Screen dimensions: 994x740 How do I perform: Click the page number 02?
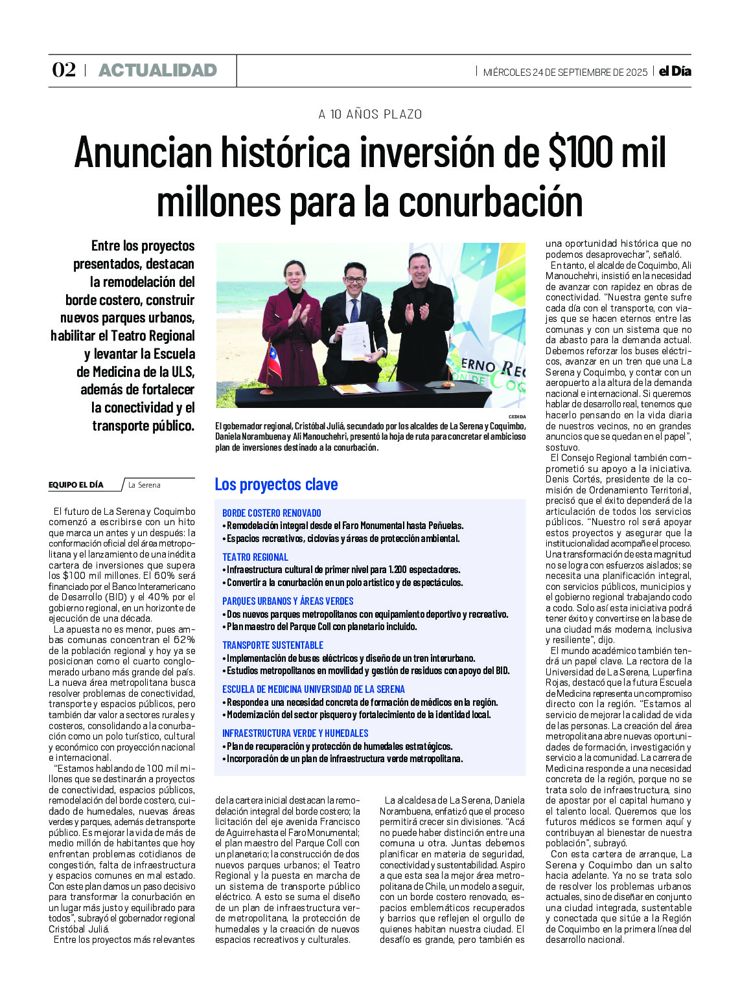point(64,70)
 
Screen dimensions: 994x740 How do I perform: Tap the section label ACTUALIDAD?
point(157,71)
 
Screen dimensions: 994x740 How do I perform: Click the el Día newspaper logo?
point(675,71)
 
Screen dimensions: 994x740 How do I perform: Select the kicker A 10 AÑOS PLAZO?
point(370,115)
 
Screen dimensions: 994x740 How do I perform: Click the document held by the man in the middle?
point(354,340)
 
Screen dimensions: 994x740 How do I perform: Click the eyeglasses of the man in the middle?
point(354,280)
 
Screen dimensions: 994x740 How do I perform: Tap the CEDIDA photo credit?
point(517,417)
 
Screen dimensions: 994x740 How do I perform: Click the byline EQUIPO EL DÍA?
point(76,485)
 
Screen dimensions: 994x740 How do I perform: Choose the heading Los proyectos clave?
point(276,484)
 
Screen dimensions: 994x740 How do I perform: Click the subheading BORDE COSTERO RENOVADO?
point(272,513)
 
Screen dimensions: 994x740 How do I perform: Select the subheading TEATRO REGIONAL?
point(255,557)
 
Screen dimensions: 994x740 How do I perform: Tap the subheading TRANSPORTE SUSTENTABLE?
point(273,645)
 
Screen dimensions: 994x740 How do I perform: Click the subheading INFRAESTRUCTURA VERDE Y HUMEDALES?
point(295,733)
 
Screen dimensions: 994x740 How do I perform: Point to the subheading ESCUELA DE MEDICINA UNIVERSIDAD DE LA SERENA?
point(314,689)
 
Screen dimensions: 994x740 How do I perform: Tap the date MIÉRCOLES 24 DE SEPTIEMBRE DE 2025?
point(565,72)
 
